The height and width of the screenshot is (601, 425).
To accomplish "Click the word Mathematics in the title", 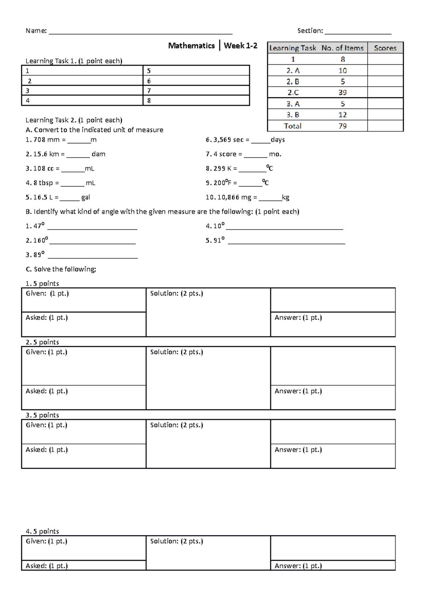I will click(191, 46).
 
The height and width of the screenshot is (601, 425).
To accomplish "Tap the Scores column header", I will click(385, 48).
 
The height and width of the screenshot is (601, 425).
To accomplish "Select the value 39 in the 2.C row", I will click(342, 92).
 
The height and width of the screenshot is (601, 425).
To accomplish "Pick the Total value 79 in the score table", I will click(342, 126).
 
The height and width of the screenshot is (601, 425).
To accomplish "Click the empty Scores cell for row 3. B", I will click(385, 115).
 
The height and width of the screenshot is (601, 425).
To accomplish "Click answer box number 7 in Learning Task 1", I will click(196, 91).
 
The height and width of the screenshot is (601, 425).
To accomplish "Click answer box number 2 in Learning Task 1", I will click(82, 81).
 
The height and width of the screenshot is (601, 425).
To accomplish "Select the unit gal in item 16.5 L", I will click(85, 198).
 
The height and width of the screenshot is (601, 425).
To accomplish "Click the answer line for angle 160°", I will click(92, 242).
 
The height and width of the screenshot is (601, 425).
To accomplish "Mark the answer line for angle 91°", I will click(286, 242).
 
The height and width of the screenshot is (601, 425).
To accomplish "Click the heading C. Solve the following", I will click(61, 269).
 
